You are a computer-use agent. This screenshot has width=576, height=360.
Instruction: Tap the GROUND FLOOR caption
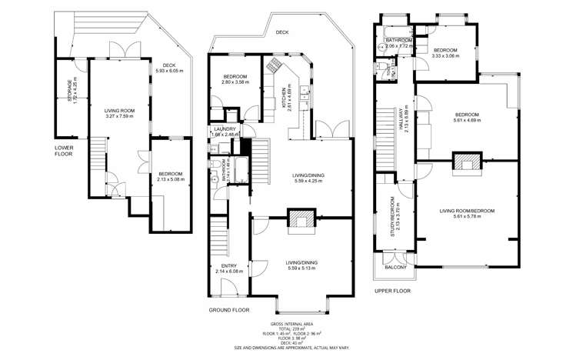pos(229,309)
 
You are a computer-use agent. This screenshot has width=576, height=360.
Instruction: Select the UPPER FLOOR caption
pos(392,292)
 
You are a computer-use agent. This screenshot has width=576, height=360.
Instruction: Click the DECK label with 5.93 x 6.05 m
pos(166,68)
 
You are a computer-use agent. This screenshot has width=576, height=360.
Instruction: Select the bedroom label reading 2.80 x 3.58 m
pos(235,79)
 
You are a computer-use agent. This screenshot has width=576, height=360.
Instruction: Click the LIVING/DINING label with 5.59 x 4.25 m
pos(308,178)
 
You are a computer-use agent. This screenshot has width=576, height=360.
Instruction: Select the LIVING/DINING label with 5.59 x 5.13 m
pos(302,265)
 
